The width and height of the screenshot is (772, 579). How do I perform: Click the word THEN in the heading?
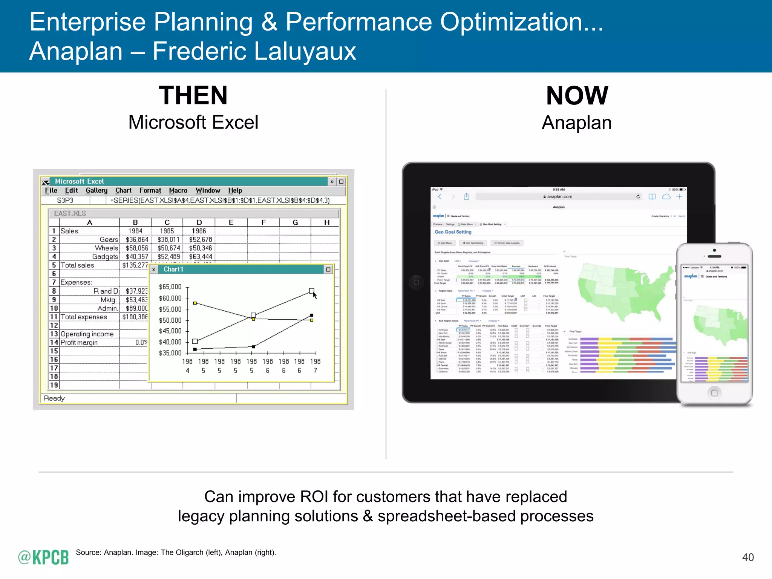click(x=193, y=95)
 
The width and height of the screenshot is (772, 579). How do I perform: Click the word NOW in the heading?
click(x=577, y=95)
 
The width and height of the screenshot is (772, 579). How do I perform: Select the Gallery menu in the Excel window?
click(x=96, y=191)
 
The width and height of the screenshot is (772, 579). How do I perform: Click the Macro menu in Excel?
click(x=178, y=191)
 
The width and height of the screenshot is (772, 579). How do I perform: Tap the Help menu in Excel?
click(x=235, y=191)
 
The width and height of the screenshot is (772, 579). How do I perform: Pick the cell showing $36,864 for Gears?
click(x=137, y=240)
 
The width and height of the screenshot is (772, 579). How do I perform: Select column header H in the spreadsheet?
click(x=326, y=222)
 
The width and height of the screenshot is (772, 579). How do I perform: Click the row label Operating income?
click(x=87, y=334)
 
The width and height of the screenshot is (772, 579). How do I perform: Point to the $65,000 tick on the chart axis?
click(x=170, y=287)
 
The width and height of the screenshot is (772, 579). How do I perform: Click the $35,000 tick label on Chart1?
click(x=170, y=353)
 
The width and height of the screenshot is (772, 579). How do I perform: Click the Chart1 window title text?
click(x=173, y=270)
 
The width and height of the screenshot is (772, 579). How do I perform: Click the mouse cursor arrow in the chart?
click(x=314, y=295)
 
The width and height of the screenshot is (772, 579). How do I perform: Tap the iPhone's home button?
click(x=714, y=393)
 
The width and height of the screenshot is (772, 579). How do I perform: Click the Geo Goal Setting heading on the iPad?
click(x=453, y=232)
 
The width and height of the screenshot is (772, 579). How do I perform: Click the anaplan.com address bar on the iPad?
click(x=558, y=197)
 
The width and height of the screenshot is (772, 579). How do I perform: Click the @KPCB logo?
click(x=43, y=557)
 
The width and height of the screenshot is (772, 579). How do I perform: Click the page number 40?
click(x=747, y=557)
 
